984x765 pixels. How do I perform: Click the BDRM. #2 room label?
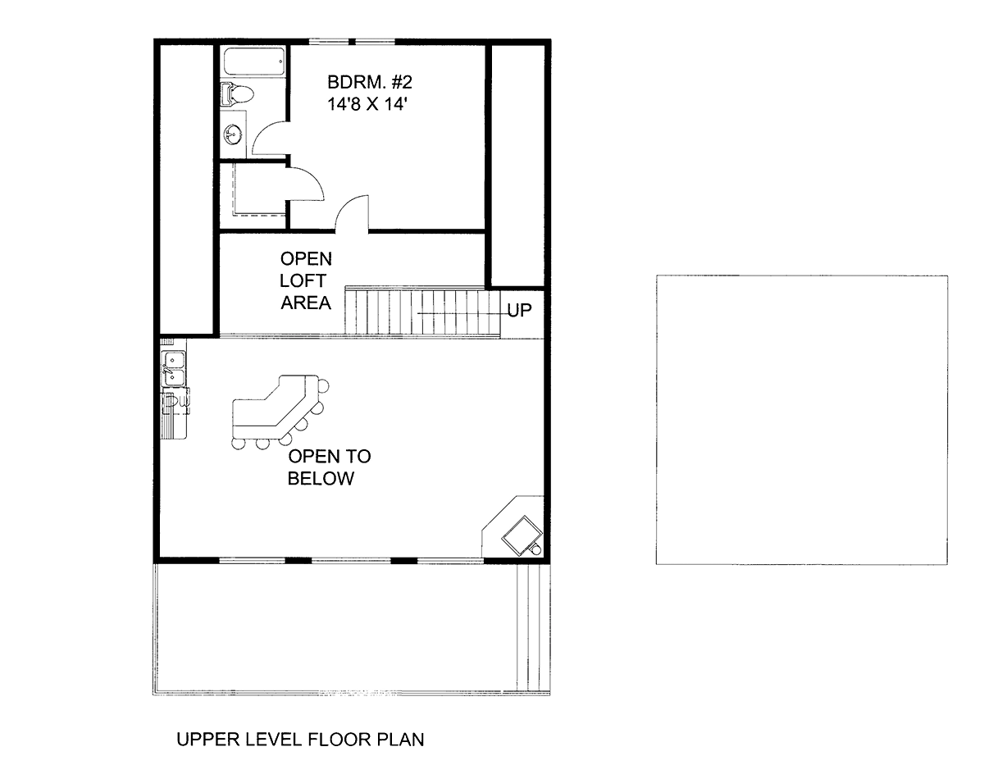[370, 82]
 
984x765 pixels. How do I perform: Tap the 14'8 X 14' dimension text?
[367, 105]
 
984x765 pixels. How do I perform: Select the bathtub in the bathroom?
[254, 61]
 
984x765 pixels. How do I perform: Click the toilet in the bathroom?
[237, 94]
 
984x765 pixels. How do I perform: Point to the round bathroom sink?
[234, 134]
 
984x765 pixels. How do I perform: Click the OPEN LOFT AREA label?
[306, 281]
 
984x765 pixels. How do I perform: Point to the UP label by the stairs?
[519, 311]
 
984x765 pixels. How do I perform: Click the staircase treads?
[422, 312]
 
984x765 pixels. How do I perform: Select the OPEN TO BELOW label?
[329, 467]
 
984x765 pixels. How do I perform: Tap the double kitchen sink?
[175, 369]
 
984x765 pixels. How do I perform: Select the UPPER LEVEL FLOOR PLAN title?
[300, 740]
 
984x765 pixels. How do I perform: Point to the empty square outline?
[802, 420]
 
